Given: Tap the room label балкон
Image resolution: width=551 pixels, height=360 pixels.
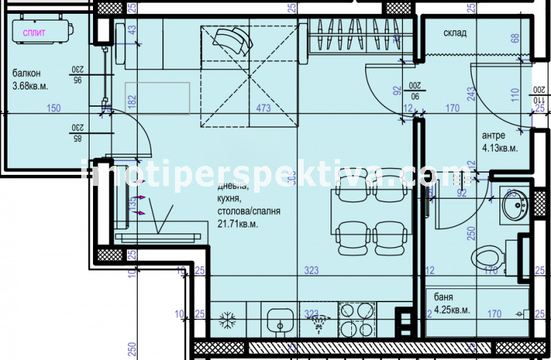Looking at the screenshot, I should [x=26, y=74].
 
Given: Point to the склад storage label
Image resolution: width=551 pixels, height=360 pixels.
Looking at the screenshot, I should [x=455, y=32].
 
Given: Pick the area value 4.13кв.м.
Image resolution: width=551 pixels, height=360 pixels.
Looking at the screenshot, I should [x=499, y=147].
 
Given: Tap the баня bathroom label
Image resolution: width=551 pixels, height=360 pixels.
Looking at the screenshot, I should [x=444, y=297].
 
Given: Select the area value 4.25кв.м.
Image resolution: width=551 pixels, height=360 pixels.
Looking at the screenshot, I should [x=451, y=310].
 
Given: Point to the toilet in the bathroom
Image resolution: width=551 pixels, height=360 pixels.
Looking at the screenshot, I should [x=489, y=259].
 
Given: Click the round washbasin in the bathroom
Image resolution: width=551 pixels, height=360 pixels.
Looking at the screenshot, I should [x=514, y=204].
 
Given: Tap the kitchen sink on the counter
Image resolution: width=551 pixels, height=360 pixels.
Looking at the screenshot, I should [x=280, y=320].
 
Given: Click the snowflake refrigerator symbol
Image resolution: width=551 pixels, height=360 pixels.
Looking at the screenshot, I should [x=227, y=320].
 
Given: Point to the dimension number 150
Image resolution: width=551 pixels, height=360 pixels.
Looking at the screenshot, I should [x=54, y=108].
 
